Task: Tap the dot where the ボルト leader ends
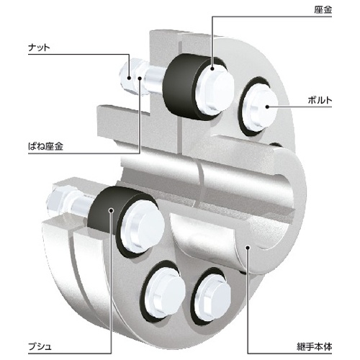pos(268,107)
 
